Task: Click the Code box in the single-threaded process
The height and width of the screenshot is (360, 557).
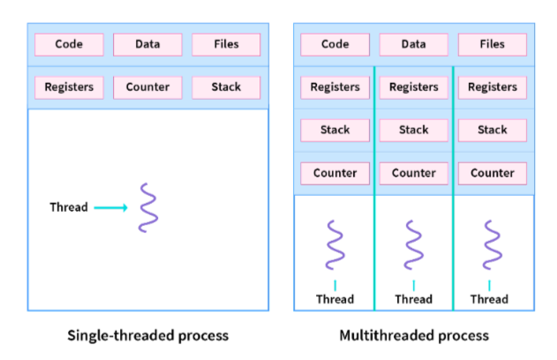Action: [69, 45]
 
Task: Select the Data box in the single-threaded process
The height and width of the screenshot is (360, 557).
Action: [147, 45]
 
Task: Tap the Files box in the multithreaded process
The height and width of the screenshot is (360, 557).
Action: [493, 45]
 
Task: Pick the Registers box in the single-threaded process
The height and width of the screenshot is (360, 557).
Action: [69, 87]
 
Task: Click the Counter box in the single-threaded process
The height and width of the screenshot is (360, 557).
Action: [147, 87]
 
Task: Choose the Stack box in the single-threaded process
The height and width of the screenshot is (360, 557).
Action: [226, 87]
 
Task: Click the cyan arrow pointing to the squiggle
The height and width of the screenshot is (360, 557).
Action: [111, 207]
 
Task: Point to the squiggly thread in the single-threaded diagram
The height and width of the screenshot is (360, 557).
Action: [148, 207]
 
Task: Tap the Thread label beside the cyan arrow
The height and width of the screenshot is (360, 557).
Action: [69, 207]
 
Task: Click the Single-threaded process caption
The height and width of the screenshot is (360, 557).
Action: [147, 335]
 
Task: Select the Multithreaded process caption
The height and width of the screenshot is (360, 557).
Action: [414, 335]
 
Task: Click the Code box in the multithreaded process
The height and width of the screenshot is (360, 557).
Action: [335, 45]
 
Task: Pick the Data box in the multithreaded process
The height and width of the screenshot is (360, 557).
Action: [414, 45]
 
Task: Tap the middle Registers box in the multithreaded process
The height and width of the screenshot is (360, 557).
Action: [414, 87]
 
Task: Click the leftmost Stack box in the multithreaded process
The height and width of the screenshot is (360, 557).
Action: [335, 131]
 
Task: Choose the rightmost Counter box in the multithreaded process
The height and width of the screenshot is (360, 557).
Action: [493, 174]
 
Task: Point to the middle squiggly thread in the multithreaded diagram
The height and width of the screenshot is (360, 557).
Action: [414, 244]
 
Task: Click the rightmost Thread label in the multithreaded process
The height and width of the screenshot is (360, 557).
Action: [490, 299]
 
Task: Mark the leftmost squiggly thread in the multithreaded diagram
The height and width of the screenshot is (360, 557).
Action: [335, 244]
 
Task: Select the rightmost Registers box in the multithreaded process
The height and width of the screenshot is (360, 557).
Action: [493, 87]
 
